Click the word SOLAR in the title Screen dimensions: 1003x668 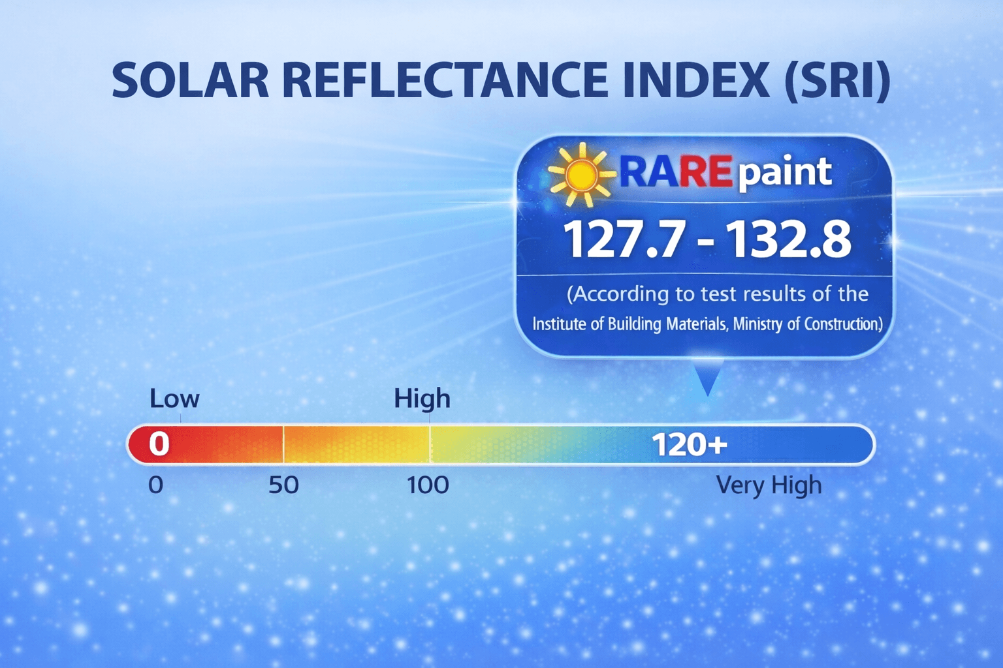pos(191,80)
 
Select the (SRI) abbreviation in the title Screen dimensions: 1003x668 pos(837,82)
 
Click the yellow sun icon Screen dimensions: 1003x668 pos(581,174)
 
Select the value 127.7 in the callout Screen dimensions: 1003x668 pos(624,240)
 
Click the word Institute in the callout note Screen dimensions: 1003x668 pos(559,324)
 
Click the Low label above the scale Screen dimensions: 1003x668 pos(174,398)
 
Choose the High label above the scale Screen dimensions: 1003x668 pos(422,398)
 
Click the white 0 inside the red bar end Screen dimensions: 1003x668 pos(159,444)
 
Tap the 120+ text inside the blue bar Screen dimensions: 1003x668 pos(690,445)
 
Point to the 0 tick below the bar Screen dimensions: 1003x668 pos(156,485)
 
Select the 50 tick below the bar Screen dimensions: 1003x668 pos(283,485)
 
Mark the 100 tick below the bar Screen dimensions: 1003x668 pos(428,485)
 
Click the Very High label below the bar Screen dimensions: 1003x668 pos(769,486)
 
